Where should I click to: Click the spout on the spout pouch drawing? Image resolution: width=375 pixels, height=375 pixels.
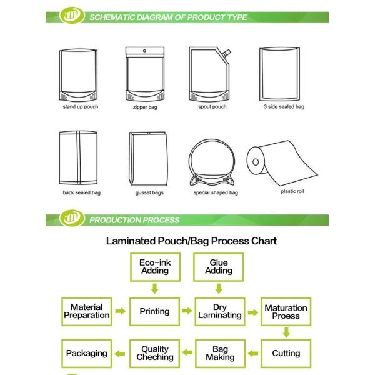(x=226, y=54)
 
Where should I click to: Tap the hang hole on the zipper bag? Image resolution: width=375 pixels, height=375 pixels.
(x=144, y=51)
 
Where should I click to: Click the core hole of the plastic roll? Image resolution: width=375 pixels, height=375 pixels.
(x=256, y=162)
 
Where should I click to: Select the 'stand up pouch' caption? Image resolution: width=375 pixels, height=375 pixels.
(x=81, y=107)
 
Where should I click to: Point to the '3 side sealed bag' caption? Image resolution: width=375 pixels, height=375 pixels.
(x=284, y=107)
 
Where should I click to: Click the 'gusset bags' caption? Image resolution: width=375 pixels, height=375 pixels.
(x=149, y=192)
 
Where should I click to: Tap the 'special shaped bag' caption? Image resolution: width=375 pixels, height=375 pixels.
(x=216, y=192)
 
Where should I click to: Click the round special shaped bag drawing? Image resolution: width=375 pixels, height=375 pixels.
(x=212, y=163)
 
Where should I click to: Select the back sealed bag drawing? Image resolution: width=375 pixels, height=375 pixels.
(x=78, y=157)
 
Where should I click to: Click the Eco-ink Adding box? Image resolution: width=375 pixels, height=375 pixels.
(x=155, y=267)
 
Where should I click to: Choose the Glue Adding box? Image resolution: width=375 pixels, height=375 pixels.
(x=218, y=267)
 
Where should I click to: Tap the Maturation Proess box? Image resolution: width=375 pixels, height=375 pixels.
(x=286, y=312)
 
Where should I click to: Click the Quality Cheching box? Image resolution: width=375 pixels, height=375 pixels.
(x=155, y=354)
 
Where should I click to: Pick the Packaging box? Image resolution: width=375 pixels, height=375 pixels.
(x=87, y=354)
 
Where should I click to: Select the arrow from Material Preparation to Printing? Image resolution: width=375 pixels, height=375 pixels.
(x=121, y=311)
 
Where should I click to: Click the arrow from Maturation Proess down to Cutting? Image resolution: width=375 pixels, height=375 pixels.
(x=286, y=332)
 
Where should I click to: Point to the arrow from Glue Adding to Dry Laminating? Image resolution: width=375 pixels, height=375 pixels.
(x=219, y=289)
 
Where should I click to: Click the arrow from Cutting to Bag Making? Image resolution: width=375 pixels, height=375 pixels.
(x=253, y=353)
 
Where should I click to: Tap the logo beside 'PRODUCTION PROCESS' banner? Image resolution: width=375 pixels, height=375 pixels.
(x=72, y=218)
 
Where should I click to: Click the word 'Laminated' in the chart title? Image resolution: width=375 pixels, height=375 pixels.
(x=131, y=241)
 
